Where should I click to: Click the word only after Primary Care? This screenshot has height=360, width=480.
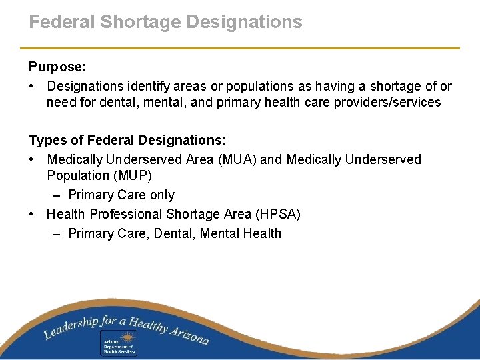pos(162,195)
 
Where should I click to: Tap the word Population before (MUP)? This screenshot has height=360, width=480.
pos(75,176)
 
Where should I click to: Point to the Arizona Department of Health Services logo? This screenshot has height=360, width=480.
pos(119,343)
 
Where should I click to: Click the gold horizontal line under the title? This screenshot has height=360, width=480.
pos(240,48)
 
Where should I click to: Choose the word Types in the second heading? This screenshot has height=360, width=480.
pos(46,141)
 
